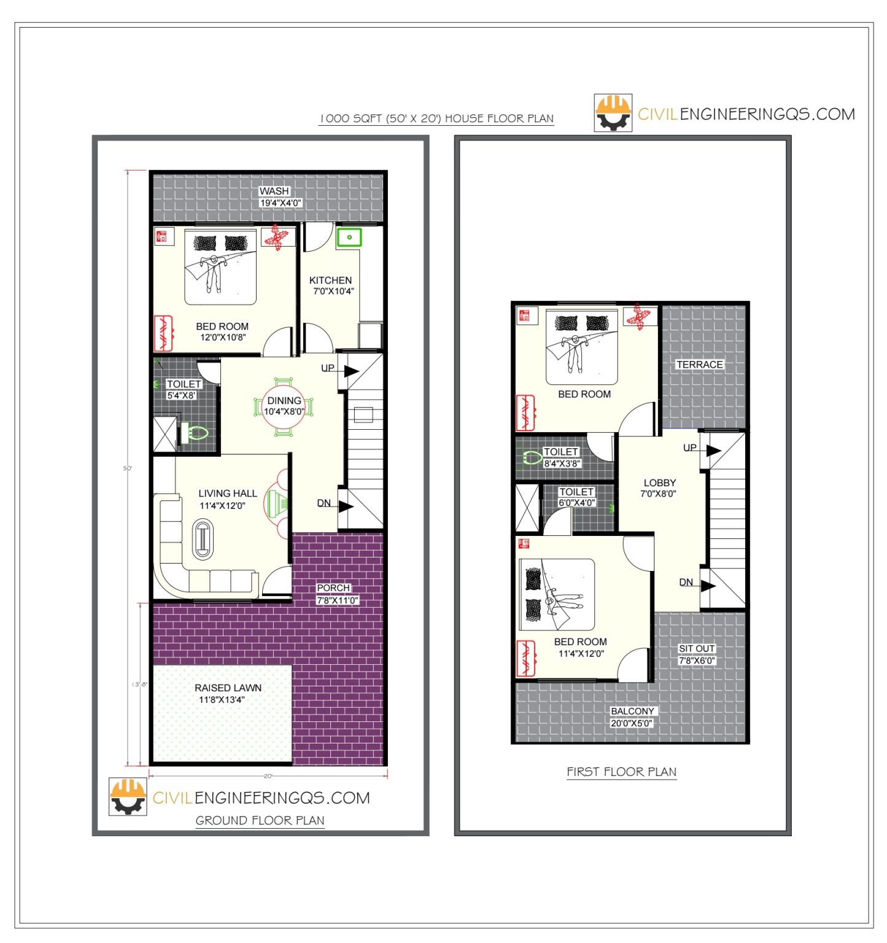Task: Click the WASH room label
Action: pyautogui.click(x=274, y=191)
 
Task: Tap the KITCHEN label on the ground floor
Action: pyautogui.click(x=330, y=280)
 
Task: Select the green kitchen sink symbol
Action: pyautogui.click(x=349, y=237)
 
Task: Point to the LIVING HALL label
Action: pyautogui.click(x=227, y=493)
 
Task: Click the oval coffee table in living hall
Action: pyautogui.click(x=203, y=539)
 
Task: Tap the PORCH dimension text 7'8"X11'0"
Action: pyautogui.click(x=337, y=600)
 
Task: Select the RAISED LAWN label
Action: pyautogui.click(x=228, y=688)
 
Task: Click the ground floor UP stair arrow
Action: pyautogui.click(x=351, y=371)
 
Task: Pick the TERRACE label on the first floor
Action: pyautogui.click(x=699, y=364)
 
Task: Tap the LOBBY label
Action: pyautogui.click(x=659, y=483)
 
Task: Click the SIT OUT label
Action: pyautogui.click(x=696, y=648)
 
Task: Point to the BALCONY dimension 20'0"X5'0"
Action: pyautogui.click(x=632, y=723)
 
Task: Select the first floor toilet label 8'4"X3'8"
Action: pyautogui.click(x=562, y=464)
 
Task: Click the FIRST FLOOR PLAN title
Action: pyautogui.click(x=621, y=772)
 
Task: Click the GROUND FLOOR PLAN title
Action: pyautogui.click(x=260, y=820)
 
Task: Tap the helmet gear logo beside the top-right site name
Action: pyautogui.click(x=613, y=112)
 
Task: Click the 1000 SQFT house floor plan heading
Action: pyautogui.click(x=436, y=118)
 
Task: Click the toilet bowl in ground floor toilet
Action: pyautogui.click(x=197, y=433)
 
